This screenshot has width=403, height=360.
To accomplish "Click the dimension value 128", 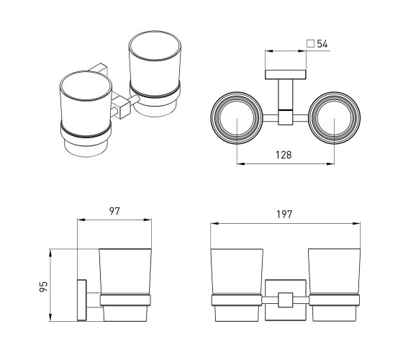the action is [284, 155].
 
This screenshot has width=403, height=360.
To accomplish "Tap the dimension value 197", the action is [284, 215].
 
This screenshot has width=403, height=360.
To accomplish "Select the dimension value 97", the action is [114, 211].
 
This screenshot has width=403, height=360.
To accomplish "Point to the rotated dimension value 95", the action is [44, 287].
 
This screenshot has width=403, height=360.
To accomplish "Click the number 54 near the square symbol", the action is [322, 44].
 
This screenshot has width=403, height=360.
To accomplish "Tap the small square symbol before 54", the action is [310, 44].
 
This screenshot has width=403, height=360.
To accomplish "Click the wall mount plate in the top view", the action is [286, 74].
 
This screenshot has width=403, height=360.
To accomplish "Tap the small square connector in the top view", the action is [286, 118].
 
